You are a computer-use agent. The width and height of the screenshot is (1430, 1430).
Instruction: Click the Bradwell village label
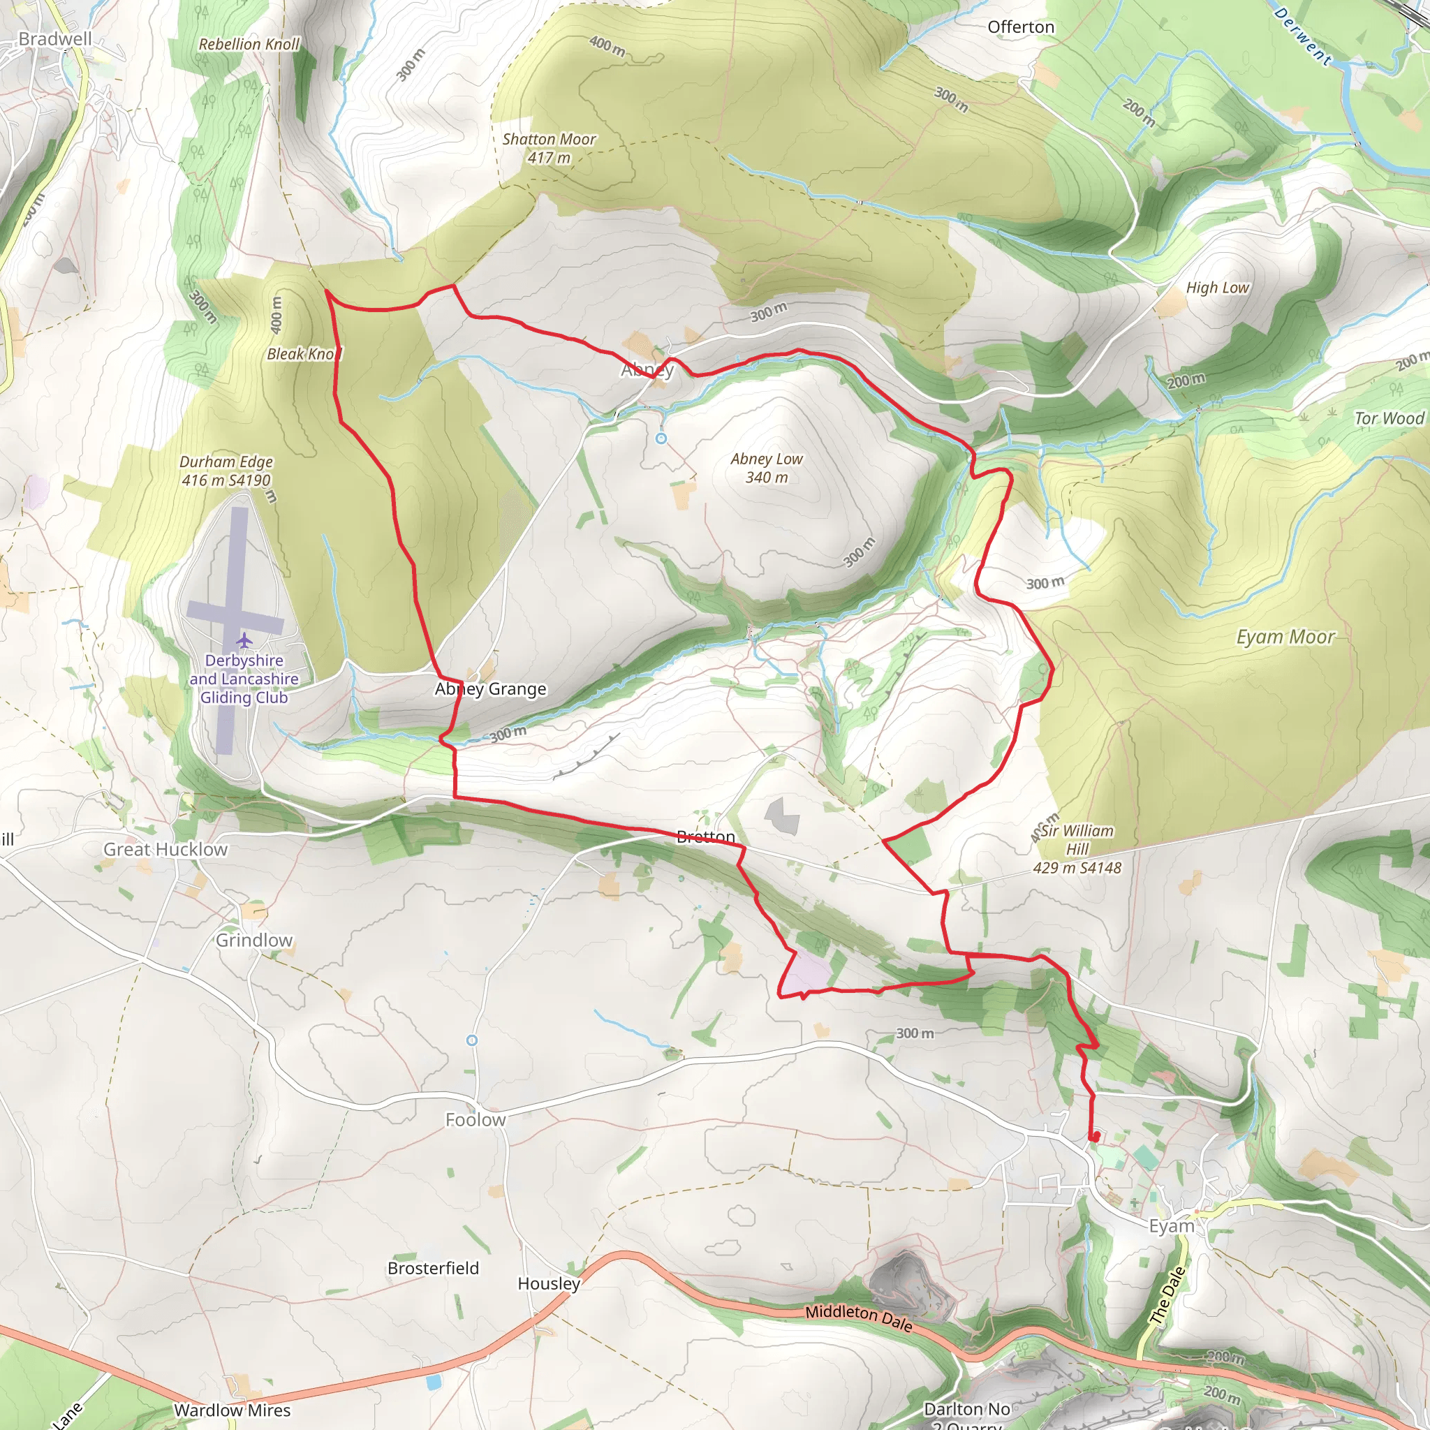[56, 39]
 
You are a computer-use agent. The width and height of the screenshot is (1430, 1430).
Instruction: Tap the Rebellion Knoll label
[249, 45]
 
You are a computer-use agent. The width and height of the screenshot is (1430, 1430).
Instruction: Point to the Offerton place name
[1021, 27]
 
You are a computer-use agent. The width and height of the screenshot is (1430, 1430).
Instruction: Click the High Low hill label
[1217, 288]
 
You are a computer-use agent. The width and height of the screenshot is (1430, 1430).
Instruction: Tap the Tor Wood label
[1389, 418]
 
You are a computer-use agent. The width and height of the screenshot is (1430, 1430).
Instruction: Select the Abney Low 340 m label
[766, 468]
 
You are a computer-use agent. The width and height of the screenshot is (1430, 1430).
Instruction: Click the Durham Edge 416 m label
[226, 471]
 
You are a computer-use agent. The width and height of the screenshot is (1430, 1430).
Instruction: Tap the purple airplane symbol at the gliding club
[244, 639]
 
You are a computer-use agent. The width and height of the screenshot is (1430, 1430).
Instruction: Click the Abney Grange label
[490, 689]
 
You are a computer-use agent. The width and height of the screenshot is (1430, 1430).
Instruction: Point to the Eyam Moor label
[1285, 637]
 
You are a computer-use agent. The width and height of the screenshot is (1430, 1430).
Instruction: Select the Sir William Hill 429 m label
[1077, 849]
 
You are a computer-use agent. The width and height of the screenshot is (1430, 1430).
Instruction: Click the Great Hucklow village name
[165, 850]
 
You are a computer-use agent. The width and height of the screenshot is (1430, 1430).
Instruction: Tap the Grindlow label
[254, 940]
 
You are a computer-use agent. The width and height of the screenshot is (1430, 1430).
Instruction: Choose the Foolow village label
[476, 1120]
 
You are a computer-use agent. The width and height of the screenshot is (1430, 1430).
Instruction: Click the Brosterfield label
[433, 1268]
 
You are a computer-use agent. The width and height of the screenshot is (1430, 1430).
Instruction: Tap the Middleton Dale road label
[859, 1316]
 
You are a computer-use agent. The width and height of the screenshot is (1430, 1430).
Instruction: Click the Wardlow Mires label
[233, 1410]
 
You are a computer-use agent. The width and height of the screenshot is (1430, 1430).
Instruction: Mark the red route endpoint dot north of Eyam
[1095, 1136]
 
